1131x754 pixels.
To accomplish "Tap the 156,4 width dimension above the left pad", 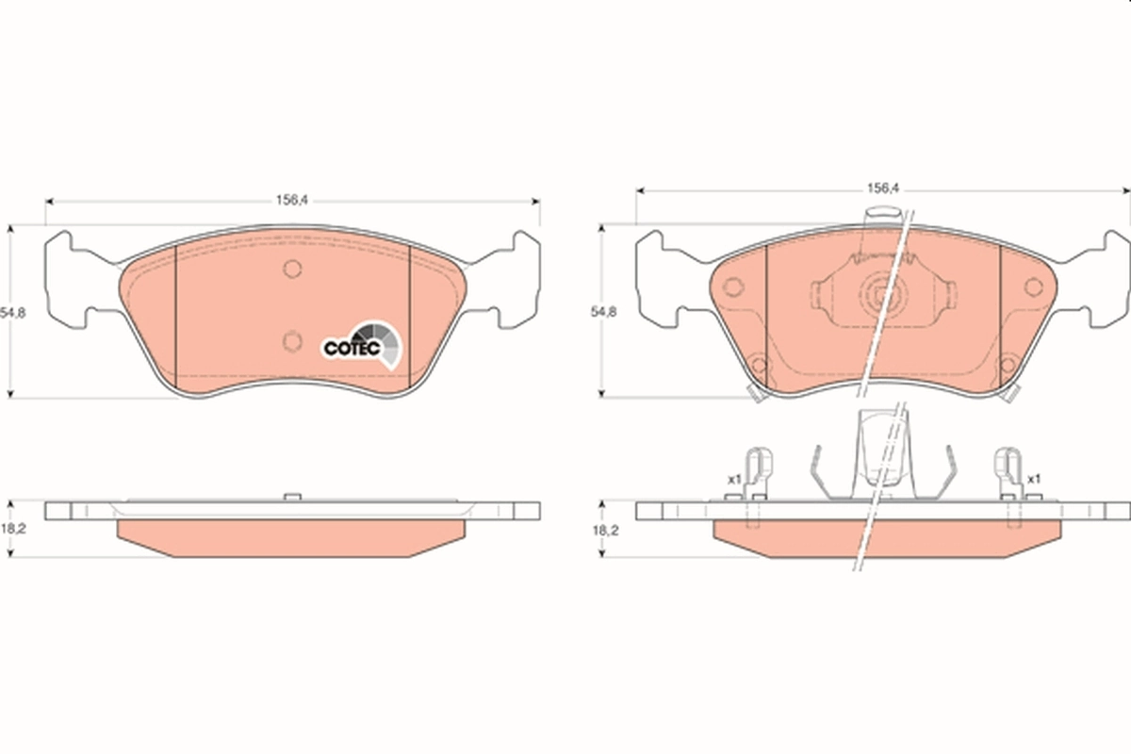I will click(292, 200).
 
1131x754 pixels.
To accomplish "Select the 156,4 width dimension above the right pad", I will click(883, 188).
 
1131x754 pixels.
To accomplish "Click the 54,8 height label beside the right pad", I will click(604, 311).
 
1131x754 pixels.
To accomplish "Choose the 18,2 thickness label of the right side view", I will click(604, 531).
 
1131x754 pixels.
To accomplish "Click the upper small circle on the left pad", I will click(292, 270).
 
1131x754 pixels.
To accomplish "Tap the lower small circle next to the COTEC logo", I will click(292, 339).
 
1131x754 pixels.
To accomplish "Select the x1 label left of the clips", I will click(732, 480).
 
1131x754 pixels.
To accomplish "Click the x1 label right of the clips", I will click(1033, 479).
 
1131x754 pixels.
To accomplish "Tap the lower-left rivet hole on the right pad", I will click(756, 364).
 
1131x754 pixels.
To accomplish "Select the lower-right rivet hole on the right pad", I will click(1008, 364).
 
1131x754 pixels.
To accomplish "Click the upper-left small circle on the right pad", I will click(731, 287).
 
